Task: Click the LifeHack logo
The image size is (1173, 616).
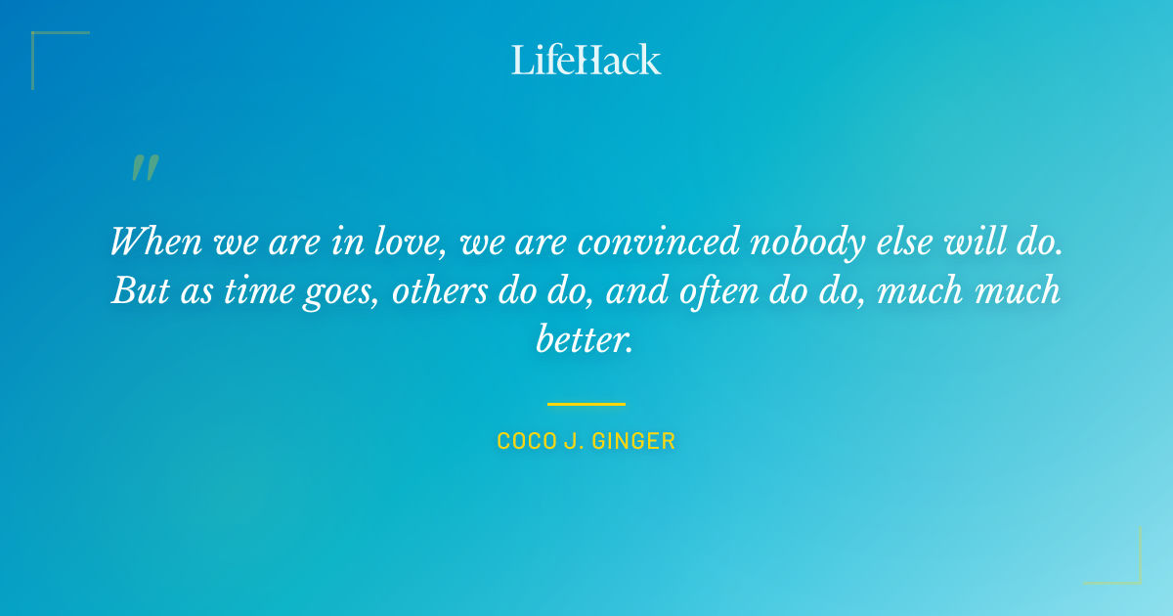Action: (x=586, y=60)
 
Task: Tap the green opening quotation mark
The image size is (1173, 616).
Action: (x=145, y=168)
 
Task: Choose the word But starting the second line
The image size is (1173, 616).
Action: (x=136, y=291)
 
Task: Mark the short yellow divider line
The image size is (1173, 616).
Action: (x=586, y=403)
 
